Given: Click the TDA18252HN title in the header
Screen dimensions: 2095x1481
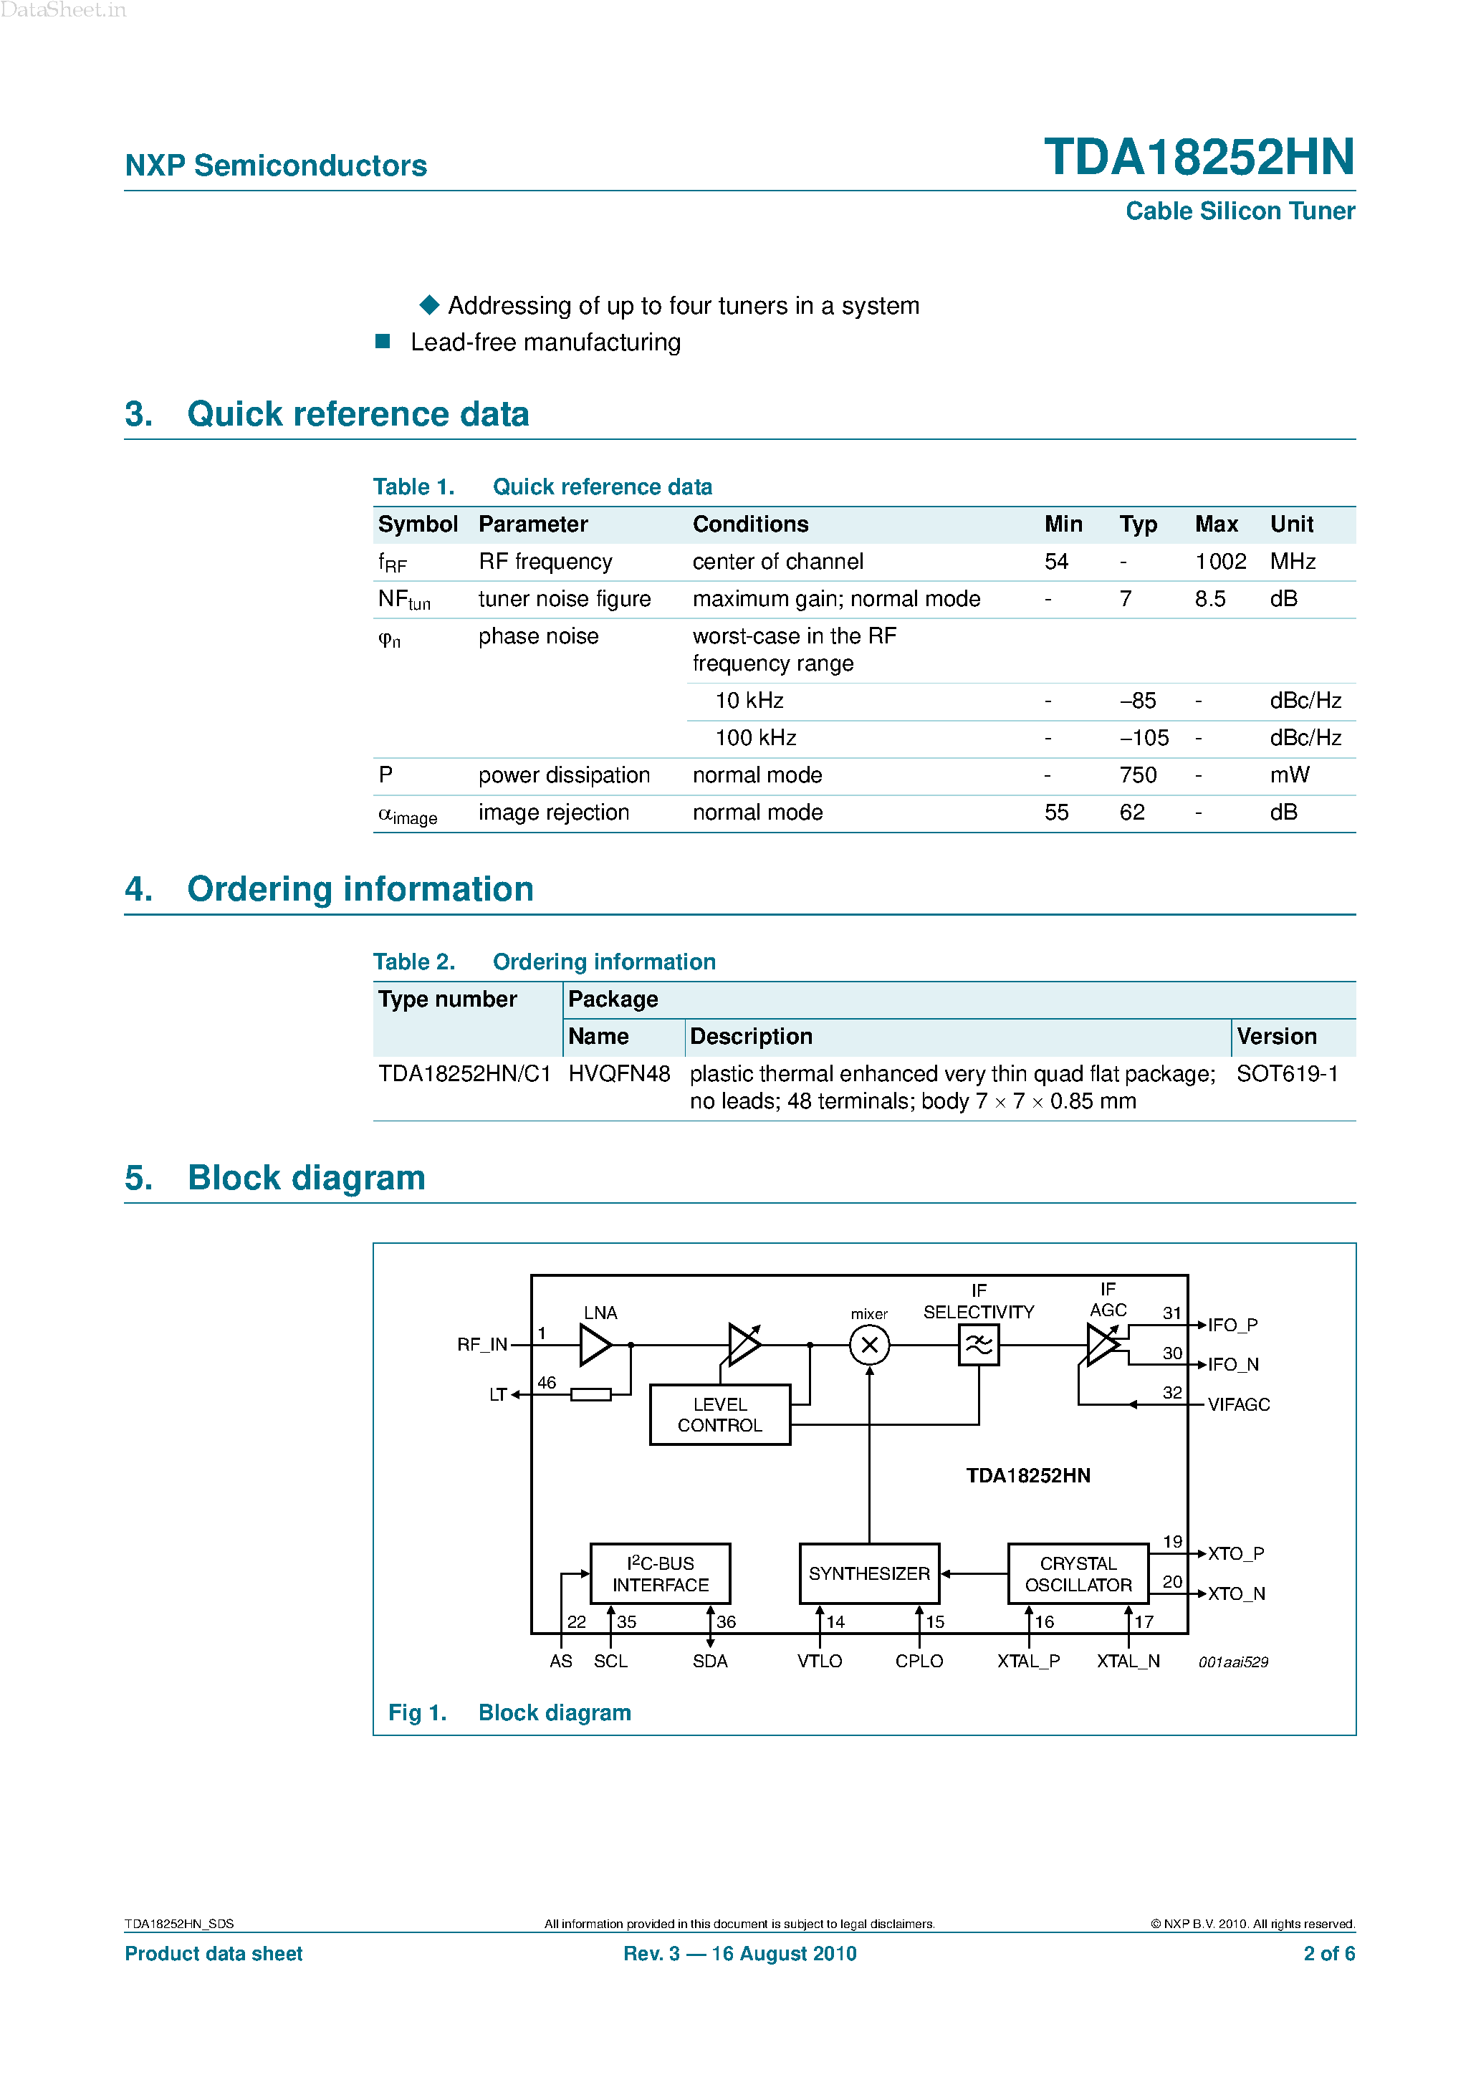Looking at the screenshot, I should point(1198,158).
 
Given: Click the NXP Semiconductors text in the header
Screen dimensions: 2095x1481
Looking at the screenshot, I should point(276,166).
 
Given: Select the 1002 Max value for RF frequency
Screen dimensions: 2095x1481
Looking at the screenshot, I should point(1220,562).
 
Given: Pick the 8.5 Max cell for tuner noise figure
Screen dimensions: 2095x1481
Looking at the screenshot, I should point(1210,600).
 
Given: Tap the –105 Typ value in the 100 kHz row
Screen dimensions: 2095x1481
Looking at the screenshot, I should point(1144,738).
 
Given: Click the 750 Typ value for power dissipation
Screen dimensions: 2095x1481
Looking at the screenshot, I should point(1137,775).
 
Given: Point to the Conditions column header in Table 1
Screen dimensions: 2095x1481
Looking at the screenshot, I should point(750,524).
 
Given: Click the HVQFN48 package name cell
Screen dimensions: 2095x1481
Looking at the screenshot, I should point(618,1074).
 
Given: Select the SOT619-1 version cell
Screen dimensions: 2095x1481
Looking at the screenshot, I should point(1287,1074).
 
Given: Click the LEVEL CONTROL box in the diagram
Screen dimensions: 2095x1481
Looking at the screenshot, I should point(719,1415).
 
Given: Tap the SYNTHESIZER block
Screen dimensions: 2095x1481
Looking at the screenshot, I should point(868,1574).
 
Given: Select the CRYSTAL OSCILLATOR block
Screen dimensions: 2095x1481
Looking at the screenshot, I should point(1078,1574).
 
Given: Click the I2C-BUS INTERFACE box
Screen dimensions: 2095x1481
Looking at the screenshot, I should point(660,1574).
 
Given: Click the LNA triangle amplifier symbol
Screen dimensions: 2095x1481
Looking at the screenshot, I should point(594,1345).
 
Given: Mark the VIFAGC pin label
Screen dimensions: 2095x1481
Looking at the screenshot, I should point(1238,1405).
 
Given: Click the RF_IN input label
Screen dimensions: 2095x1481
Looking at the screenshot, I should point(481,1345).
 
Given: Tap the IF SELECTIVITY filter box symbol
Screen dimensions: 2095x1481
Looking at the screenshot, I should point(978,1345).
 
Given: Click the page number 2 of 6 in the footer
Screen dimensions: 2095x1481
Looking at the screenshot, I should point(1328,1954).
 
